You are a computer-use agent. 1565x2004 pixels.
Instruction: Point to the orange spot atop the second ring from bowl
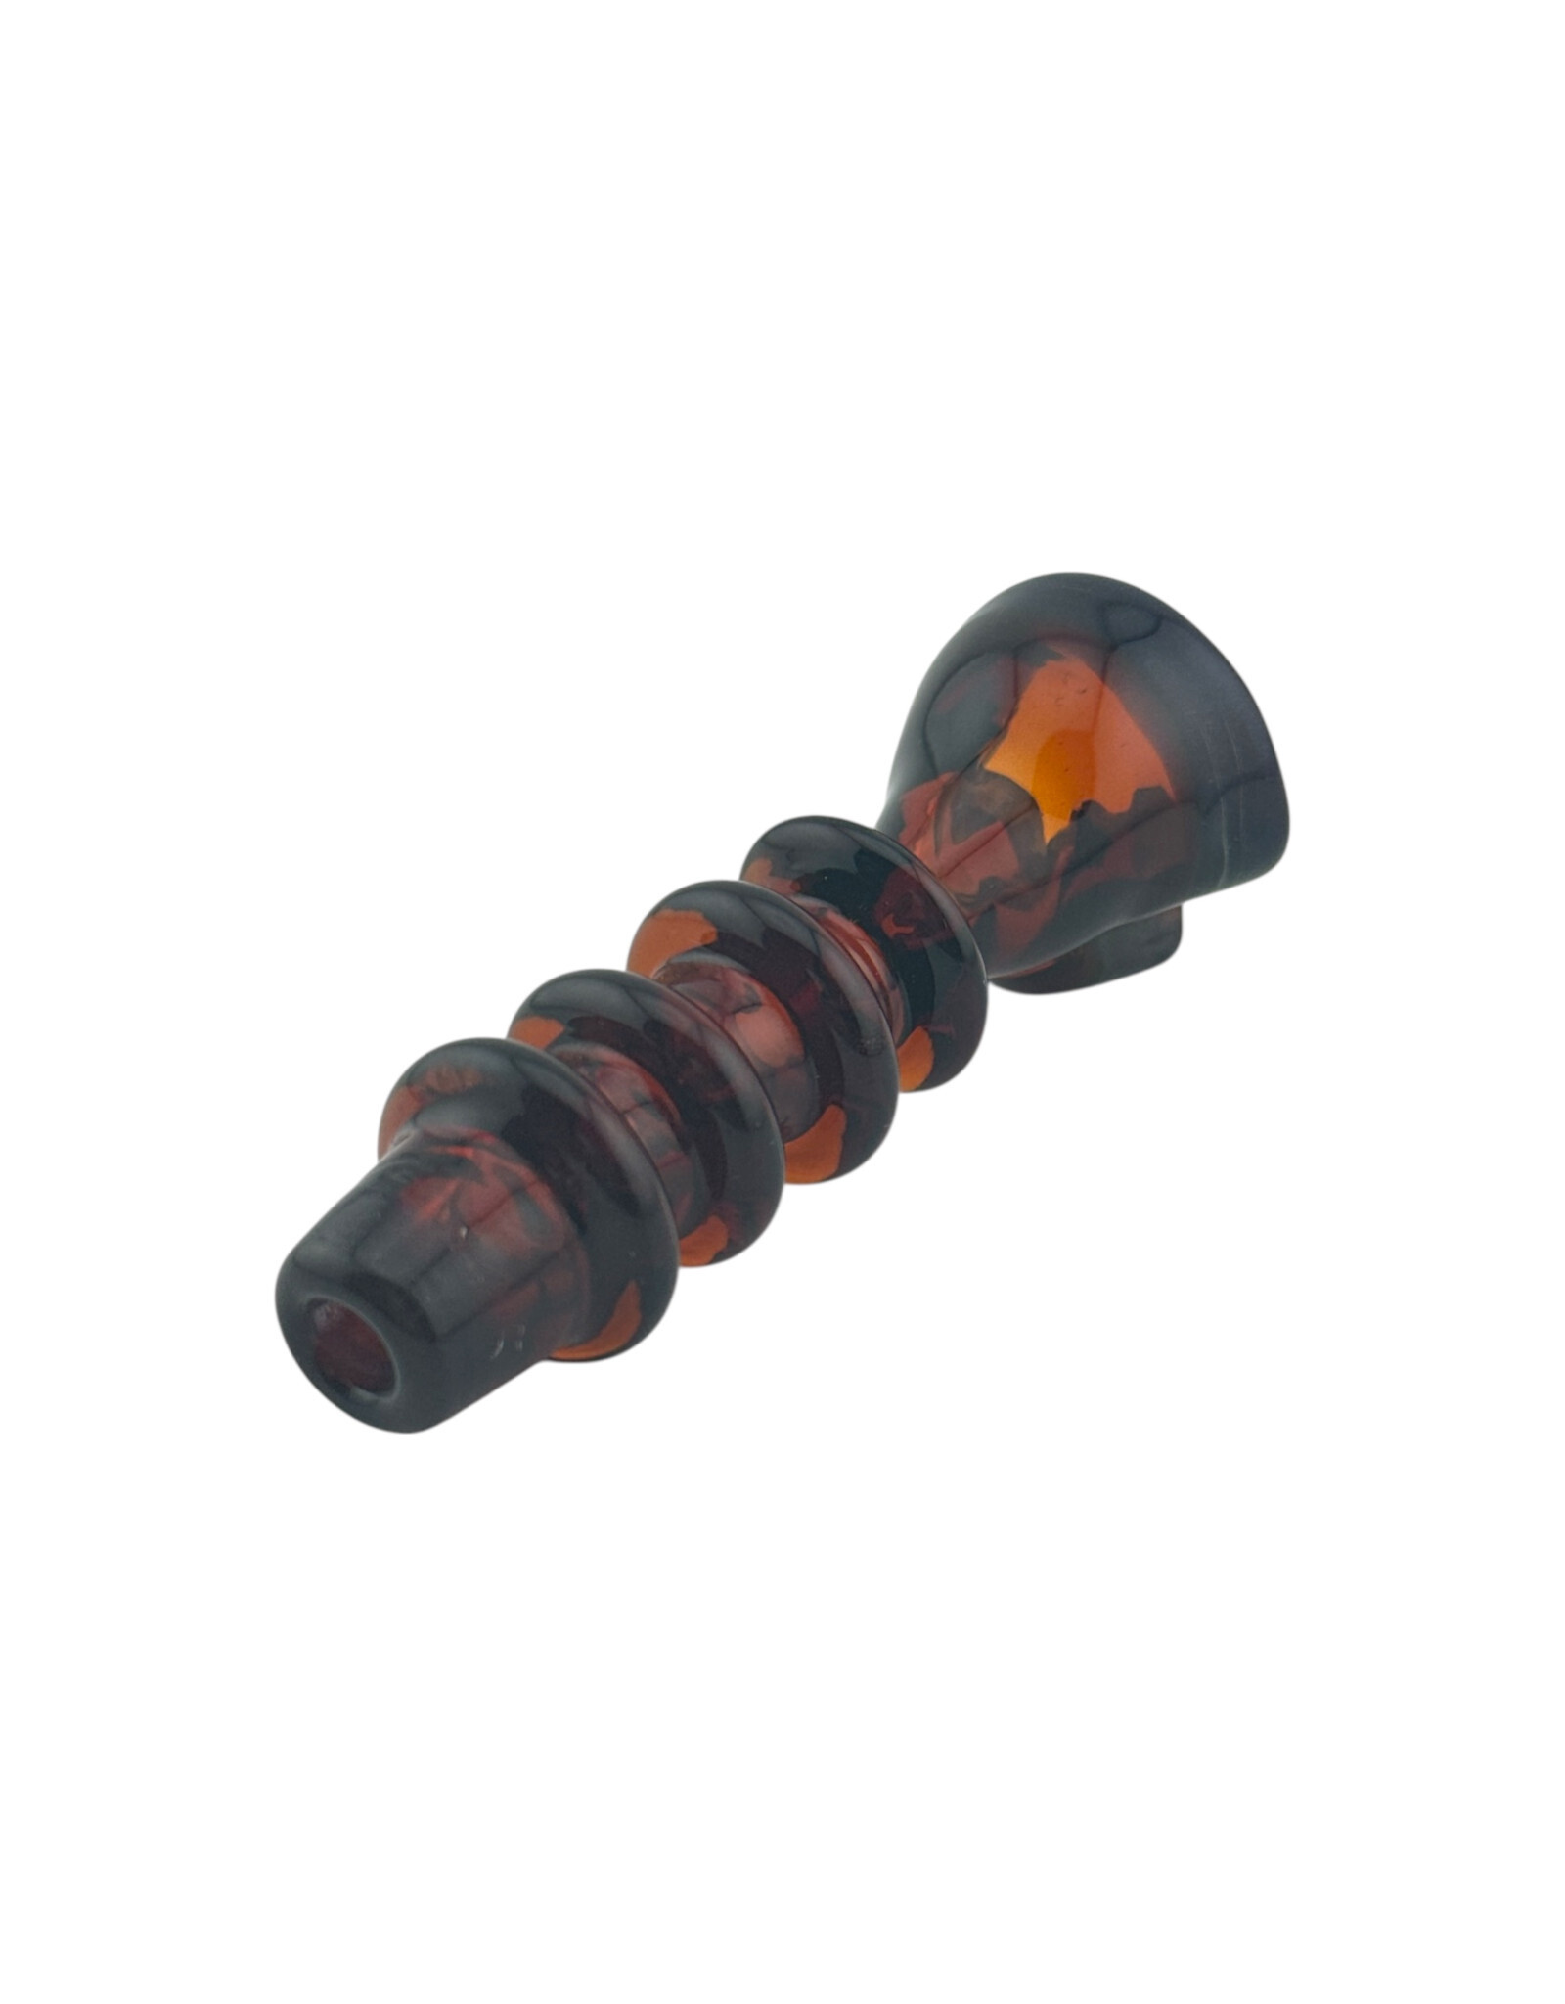pyautogui.click(x=675, y=934)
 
